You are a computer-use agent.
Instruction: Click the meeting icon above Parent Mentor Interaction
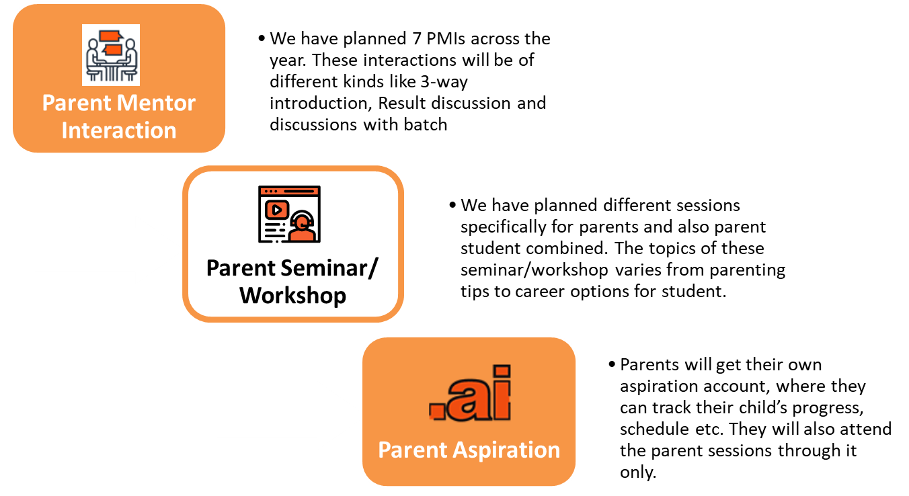tap(111, 55)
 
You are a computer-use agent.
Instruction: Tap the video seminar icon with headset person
tap(289, 214)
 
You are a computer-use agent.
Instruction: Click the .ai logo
tap(470, 392)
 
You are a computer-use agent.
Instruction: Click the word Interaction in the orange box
tap(119, 130)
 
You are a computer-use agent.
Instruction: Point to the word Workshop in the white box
tap(292, 295)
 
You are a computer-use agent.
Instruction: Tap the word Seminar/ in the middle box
tap(329, 268)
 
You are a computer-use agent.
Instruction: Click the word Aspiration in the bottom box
tap(506, 450)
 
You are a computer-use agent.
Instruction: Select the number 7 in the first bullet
tap(417, 39)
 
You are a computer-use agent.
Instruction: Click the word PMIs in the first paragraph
tap(446, 39)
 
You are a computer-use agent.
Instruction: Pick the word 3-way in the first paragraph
tap(444, 82)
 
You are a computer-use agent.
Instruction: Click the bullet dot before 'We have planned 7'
tap(262, 39)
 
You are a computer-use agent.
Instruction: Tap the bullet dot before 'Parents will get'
tap(612, 364)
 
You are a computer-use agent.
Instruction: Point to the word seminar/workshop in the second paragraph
tap(535, 270)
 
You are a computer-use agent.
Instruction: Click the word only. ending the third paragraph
tap(637, 472)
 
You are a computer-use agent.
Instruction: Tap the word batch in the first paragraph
tap(426, 124)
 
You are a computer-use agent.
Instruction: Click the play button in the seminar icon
tap(277, 210)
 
